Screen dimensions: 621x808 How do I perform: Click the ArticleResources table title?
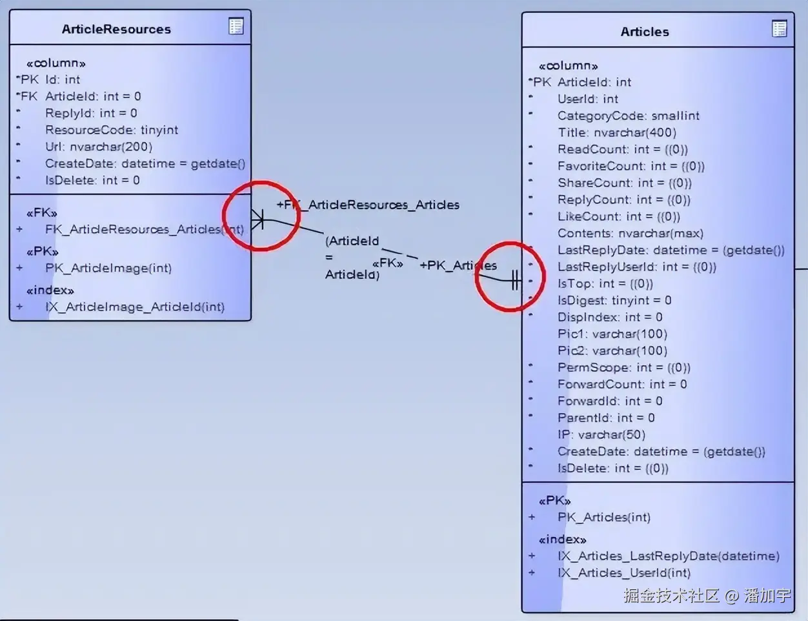116,29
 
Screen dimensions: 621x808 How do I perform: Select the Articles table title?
644,32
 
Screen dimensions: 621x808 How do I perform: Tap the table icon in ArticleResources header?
236,26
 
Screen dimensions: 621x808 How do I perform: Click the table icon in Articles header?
780,28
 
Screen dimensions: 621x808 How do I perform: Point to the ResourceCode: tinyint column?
111,130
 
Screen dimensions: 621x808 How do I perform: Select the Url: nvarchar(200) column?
98,147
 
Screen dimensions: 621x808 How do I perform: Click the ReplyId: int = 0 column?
91,113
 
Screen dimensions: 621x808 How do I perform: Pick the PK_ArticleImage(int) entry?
108,268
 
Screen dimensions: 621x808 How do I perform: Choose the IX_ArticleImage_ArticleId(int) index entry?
134,307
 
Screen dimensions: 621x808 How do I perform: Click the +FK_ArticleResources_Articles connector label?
368,205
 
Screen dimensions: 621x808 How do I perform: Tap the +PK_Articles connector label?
458,265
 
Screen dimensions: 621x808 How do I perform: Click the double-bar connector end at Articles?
514,280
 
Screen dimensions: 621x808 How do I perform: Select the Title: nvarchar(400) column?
616,132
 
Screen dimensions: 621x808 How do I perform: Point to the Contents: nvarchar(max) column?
630,233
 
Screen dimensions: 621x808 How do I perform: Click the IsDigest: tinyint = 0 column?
614,300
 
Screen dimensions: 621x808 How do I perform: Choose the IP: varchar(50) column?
601,434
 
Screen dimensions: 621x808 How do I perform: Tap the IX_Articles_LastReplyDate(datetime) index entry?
668,556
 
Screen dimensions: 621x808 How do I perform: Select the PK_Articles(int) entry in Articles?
603,517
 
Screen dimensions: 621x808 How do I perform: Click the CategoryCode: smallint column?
628,116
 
